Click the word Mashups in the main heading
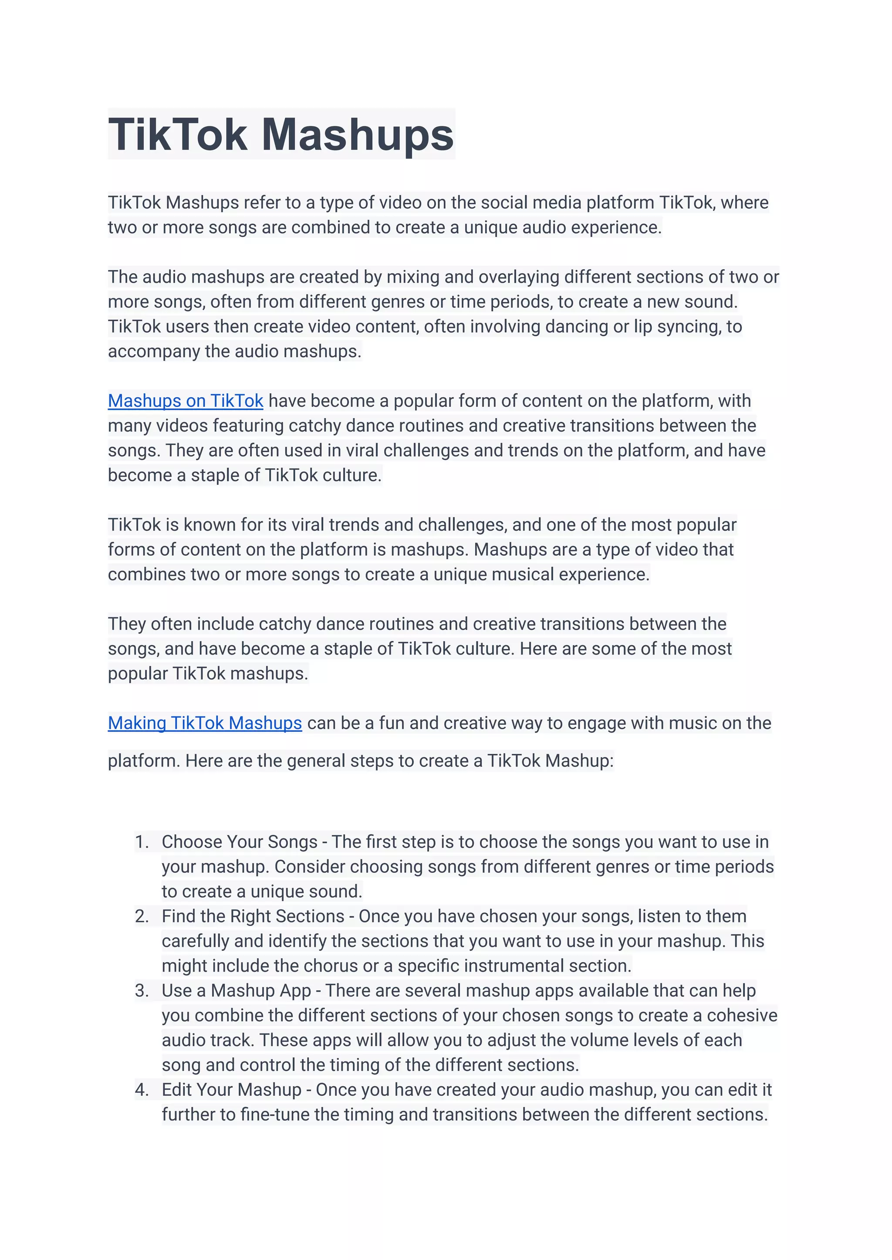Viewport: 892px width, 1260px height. click(x=358, y=135)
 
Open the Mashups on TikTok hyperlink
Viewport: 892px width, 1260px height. click(x=185, y=401)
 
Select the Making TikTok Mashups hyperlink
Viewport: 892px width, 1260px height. click(x=204, y=723)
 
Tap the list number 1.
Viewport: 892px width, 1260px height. click(x=141, y=841)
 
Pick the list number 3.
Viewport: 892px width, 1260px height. click(x=141, y=990)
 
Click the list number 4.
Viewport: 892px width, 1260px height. click(x=141, y=1089)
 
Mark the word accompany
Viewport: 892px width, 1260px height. click(x=154, y=351)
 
